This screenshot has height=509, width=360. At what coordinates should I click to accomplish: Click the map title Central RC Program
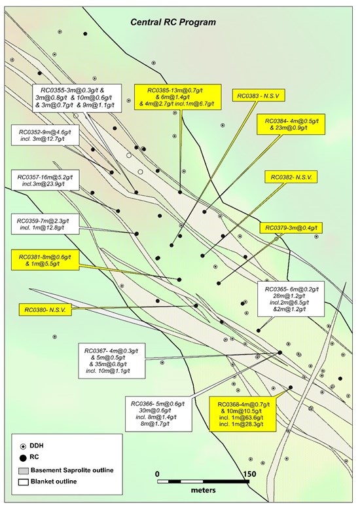click(x=173, y=22)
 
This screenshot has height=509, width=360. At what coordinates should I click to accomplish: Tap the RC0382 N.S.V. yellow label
click(x=291, y=178)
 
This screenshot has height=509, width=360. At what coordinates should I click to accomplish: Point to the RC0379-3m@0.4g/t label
click(x=291, y=228)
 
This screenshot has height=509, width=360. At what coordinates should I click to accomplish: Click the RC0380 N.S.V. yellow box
click(x=45, y=310)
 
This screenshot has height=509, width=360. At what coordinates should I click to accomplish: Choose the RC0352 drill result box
click(x=45, y=135)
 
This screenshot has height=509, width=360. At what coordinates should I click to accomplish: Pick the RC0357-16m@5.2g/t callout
click(x=45, y=180)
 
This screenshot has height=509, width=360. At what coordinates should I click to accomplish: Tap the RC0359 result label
click(x=45, y=224)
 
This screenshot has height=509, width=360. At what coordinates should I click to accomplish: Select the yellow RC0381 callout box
click(x=45, y=259)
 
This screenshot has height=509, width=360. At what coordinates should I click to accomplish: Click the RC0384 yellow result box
click(x=291, y=124)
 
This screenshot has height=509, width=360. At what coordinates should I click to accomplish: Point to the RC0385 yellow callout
click(x=178, y=97)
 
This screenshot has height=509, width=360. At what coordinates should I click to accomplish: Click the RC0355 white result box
click(x=78, y=98)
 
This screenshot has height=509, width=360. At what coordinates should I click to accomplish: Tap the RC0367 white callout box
click(x=111, y=361)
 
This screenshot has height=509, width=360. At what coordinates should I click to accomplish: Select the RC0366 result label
click(x=158, y=414)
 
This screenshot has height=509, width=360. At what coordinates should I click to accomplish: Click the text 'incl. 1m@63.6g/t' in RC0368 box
click(x=242, y=417)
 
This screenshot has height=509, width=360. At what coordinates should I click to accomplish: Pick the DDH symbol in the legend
click(x=23, y=446)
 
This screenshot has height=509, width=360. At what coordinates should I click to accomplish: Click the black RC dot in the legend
click(x=23, y=458)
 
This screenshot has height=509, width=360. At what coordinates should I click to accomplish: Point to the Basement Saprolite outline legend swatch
click(x=23, y=470)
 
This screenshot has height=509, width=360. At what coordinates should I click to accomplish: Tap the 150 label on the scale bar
click(x=249, y=474)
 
